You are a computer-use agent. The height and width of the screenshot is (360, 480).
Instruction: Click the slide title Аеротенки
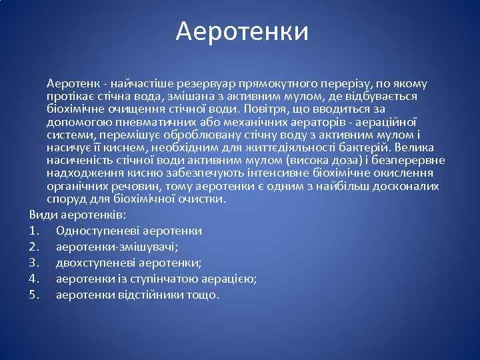(242, 32)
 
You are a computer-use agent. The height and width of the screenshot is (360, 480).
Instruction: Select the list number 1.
(34, 231)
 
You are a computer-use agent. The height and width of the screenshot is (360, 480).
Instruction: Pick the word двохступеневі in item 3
(93, 263)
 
